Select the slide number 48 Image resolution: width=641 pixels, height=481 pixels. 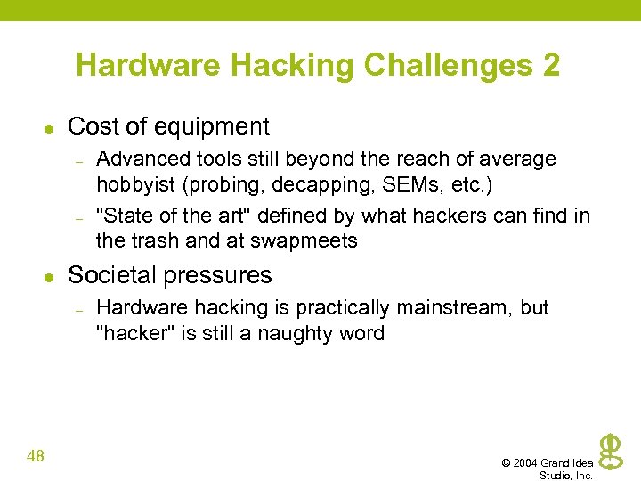coord(36,457)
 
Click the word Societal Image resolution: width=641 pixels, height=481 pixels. coord(110,275)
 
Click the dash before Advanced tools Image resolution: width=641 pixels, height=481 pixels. coord(79,161)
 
